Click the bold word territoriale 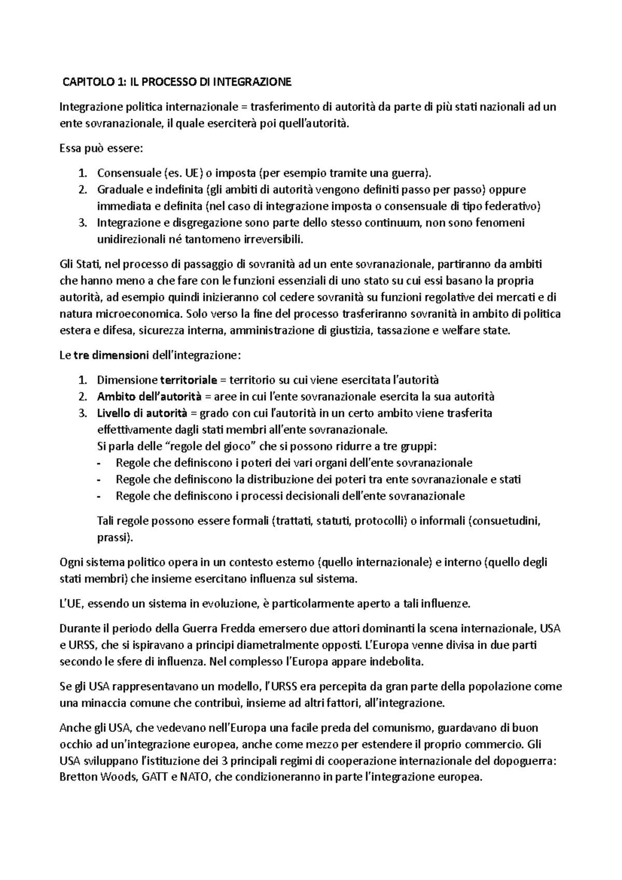(189, 380)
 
